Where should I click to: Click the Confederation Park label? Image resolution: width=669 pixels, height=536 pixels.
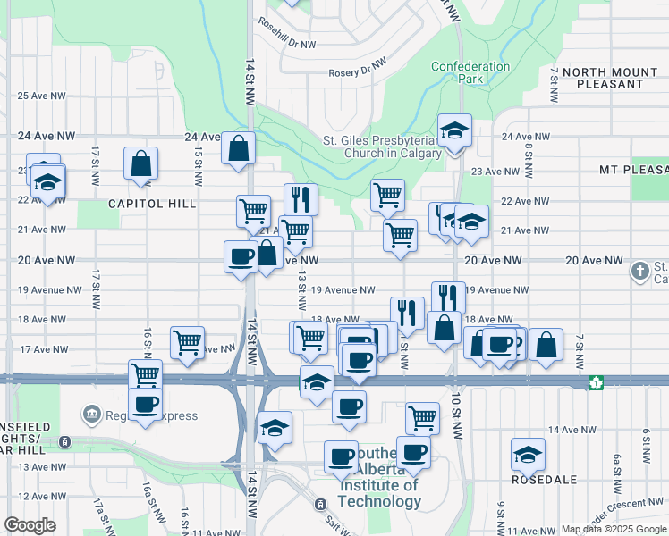(470, 72)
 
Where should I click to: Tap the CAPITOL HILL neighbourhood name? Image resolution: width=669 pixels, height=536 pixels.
(152, 204)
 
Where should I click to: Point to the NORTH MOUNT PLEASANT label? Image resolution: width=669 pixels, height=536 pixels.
(610, 78)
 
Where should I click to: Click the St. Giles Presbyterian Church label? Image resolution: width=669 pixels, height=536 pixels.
(382, 147)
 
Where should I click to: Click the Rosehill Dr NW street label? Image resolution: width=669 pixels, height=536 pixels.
(286, 44)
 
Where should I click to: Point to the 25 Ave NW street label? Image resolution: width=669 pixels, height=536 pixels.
(42, 96)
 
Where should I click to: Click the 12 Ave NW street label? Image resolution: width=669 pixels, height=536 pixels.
(42, 496)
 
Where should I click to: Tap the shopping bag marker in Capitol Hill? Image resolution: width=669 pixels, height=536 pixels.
(141, 164)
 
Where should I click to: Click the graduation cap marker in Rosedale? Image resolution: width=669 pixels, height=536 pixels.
(528, 455)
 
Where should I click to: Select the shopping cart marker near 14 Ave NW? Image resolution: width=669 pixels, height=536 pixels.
(422, 417)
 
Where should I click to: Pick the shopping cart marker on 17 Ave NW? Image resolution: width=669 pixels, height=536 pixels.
(187, 341)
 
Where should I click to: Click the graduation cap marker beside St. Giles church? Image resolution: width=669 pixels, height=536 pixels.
(454, 131)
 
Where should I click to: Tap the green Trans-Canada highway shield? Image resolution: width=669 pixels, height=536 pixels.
(595, 382)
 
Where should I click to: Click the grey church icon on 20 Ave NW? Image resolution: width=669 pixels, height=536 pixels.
(639, 269)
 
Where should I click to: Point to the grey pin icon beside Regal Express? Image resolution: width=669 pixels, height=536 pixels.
(91, 415)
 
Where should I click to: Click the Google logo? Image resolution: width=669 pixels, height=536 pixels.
(30, 525)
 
